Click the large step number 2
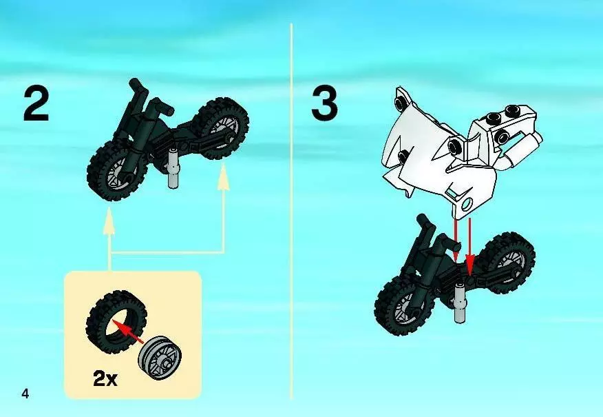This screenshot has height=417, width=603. coord(36,103)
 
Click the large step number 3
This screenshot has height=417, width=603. coord(325,103)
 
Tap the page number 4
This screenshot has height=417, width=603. coord(25,394)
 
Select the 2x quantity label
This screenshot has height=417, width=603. coord(105,379)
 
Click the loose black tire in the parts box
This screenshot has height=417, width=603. coord(116,321)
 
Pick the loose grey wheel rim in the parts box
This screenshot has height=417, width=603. coord(160,358)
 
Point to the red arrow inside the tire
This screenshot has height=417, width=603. coord(129,333)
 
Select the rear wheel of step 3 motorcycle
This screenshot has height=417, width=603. coord(507,262)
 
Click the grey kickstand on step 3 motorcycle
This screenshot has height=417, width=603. coord(460,303)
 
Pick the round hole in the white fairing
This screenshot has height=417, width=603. coord(467,203)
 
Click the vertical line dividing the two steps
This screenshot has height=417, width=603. coord(291,211)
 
